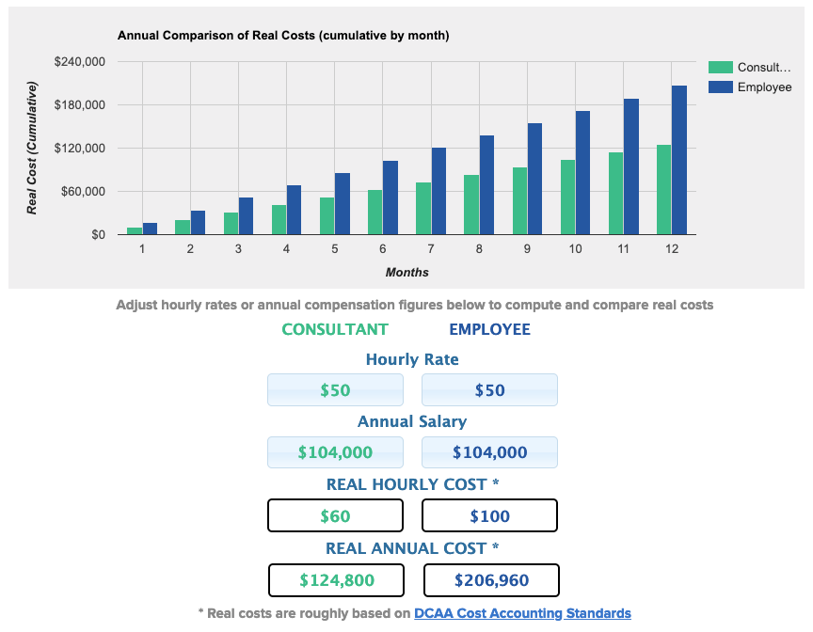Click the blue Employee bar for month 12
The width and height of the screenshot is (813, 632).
pos(679,160)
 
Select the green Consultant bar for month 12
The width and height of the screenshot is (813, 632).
pos(664,190)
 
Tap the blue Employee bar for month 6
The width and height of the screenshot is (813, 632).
pos(391,197)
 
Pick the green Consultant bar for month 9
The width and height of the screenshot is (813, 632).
pos(519,201)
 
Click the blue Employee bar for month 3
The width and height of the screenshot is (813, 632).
pos(246,216)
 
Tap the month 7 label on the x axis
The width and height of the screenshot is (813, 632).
pos(431,249)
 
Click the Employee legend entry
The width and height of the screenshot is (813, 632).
pos(763,87)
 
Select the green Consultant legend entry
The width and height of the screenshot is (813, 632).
pos(763,68)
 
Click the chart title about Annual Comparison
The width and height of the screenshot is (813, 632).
pos(283,36)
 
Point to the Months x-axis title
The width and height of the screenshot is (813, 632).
pos(406,273)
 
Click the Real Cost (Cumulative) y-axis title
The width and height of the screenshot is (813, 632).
pos(33,149)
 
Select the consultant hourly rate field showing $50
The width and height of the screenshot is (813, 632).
pos(335,390)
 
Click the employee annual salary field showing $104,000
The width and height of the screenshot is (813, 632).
pos(489,452)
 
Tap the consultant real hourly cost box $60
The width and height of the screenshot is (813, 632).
pos(335,515)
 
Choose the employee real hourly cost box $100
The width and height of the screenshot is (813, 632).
pos(489,515)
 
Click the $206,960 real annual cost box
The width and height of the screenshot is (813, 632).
pos(491,580)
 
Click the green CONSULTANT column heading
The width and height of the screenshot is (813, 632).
pos(335,329)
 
